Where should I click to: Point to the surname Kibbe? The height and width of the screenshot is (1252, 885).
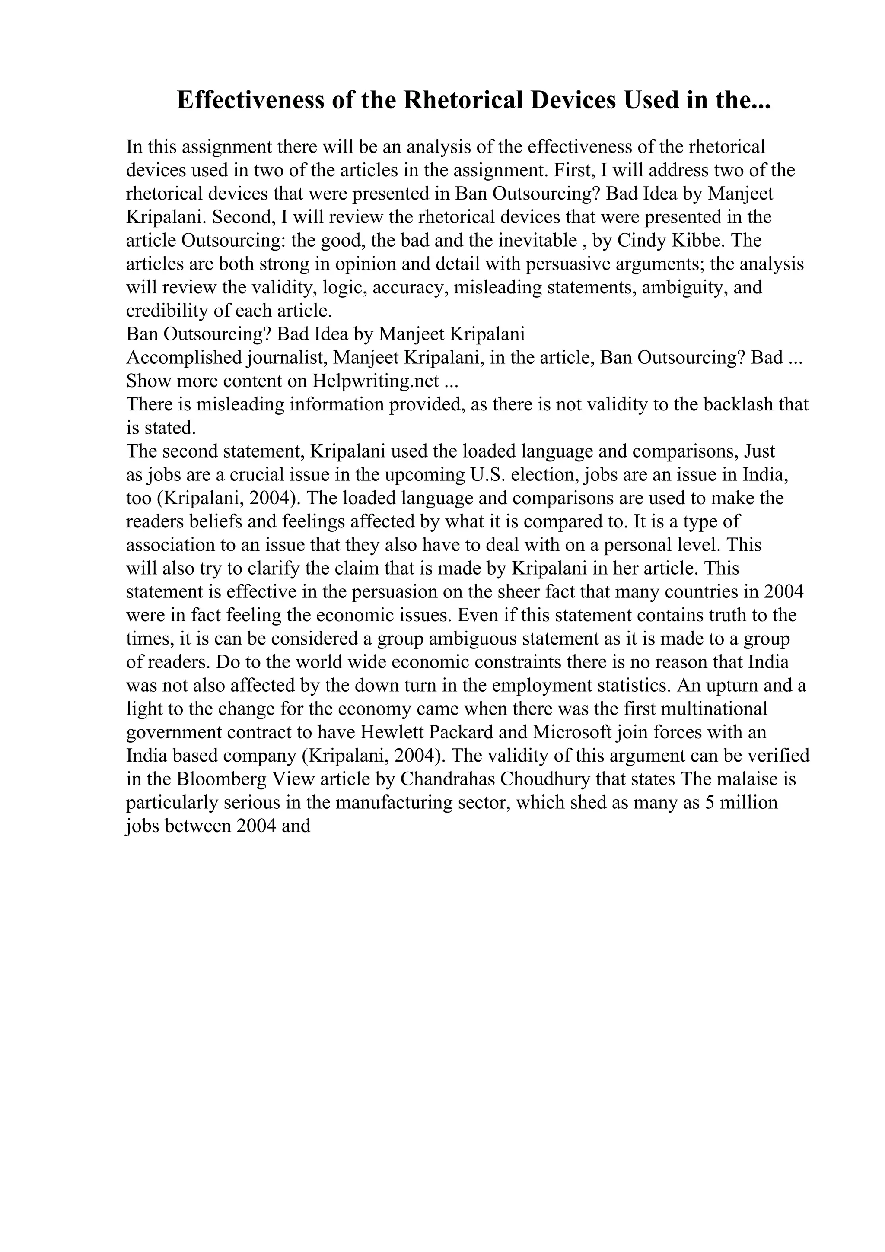pos(695,241)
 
